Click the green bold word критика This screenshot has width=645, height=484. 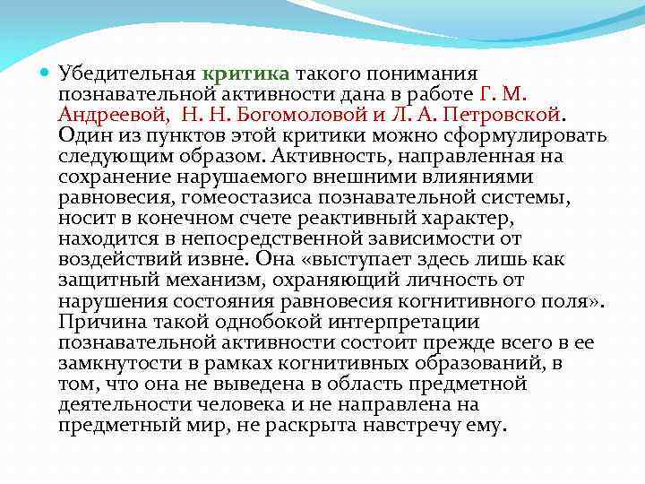coord(245,73)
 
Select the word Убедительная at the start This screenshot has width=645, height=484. coord(127,73)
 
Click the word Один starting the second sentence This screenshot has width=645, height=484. coord(82,136)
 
